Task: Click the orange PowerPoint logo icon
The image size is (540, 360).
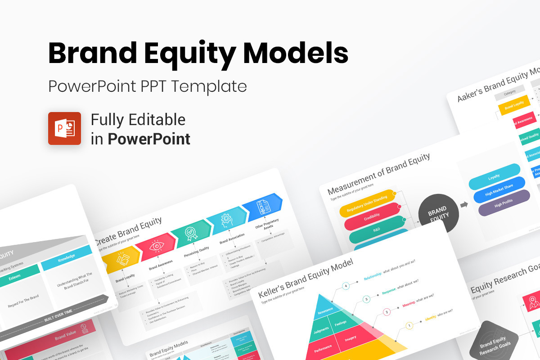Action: [x=64, y=128]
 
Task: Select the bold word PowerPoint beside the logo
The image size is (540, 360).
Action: [x=148, y=139]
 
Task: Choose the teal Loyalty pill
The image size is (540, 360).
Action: [x=494, y=177]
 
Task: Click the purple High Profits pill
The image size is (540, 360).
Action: [x=504, y=203]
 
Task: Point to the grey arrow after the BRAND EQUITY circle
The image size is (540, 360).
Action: [x=464, y=205]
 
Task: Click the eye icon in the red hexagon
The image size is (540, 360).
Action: [x=156, y=247]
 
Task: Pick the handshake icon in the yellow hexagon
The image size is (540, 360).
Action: [x=122, y=259]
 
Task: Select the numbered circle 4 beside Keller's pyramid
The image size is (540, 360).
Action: [x=346, y=286]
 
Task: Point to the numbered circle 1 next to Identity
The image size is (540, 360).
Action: [x=409, y=325]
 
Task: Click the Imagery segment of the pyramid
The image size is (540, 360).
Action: [x=350, y=338]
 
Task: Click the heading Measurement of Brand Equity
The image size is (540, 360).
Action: [x=378, y=174]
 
